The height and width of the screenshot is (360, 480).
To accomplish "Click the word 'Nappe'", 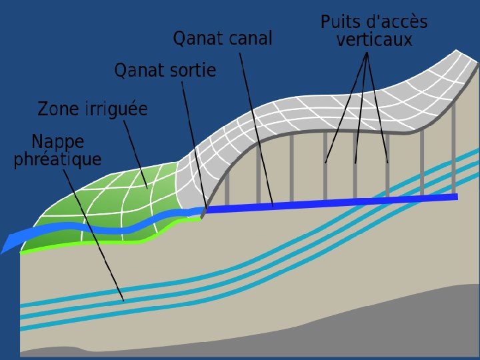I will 58,142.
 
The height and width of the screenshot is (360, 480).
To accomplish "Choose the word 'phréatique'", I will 57,159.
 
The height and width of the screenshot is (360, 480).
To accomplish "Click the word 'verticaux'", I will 374,40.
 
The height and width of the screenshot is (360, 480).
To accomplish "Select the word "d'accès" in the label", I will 397,22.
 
